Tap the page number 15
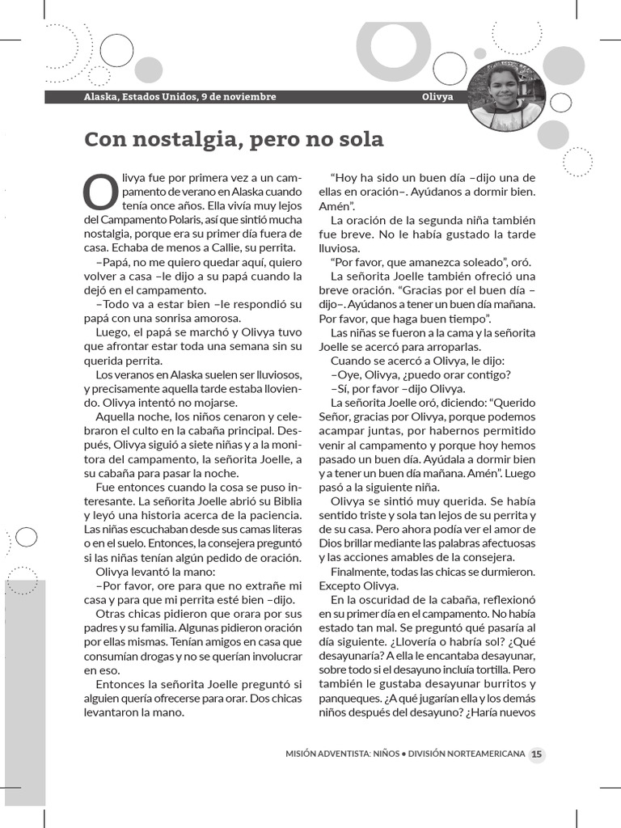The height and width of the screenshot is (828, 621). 537,754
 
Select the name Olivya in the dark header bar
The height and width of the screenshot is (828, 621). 437,97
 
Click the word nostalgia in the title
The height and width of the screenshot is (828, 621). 178,140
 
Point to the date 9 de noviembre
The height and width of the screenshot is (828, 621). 240,97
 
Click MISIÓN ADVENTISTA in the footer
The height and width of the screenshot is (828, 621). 327,754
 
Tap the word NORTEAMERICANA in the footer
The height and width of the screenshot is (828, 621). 483,754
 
